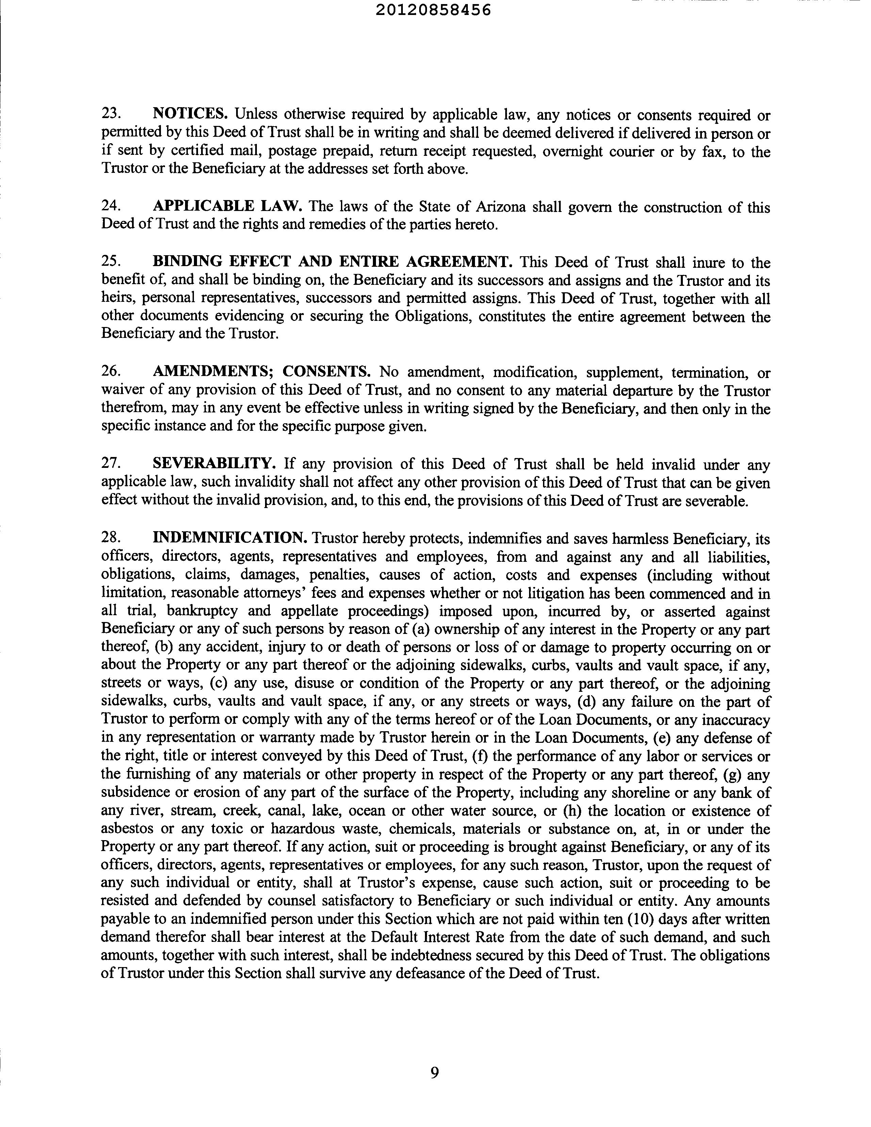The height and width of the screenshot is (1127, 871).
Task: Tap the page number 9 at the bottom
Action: (x=434, y=1073)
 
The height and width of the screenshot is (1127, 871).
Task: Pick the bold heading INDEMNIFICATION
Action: (x=230, y=538)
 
